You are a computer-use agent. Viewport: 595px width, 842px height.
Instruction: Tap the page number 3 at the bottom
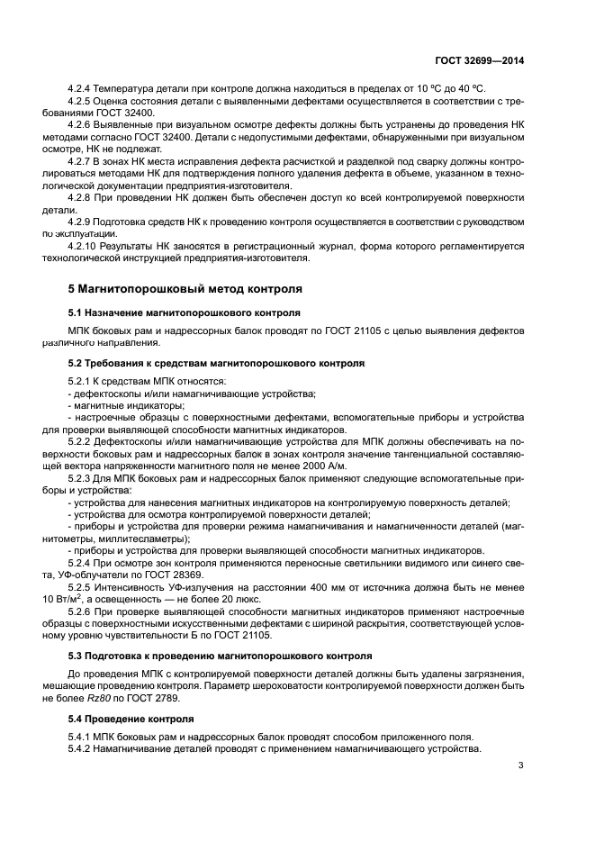(520, 765)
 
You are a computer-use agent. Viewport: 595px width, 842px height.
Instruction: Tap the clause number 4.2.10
(84, 245)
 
